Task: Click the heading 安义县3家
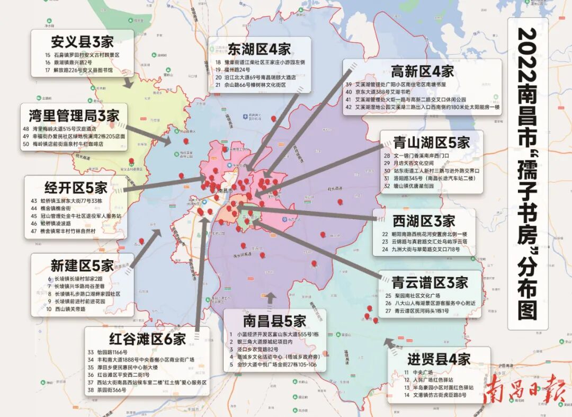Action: point(82,41)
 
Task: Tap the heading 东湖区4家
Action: point(259,49)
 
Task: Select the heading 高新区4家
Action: point(422,71)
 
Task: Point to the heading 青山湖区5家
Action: point(432,142)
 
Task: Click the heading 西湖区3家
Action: point(424,220)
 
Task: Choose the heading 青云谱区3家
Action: point(430,281)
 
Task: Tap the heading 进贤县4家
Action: point(439,358)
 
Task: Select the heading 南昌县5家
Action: point(274,321)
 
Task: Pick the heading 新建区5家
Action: point(82,265)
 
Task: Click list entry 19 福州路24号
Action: point(233,69)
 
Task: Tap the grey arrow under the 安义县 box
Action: point(127,83)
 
